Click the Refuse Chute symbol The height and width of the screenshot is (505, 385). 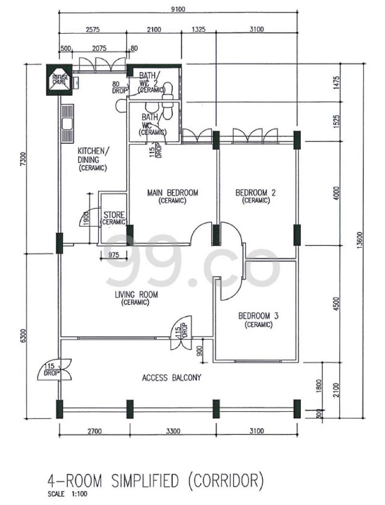[60, 79]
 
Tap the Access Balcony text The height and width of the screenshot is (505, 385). [171, 378]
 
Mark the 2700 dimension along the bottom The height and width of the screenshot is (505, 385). [94, 431]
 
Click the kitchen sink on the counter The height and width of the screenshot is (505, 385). [67, 124]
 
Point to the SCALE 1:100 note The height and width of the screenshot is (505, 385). [67, 493]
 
